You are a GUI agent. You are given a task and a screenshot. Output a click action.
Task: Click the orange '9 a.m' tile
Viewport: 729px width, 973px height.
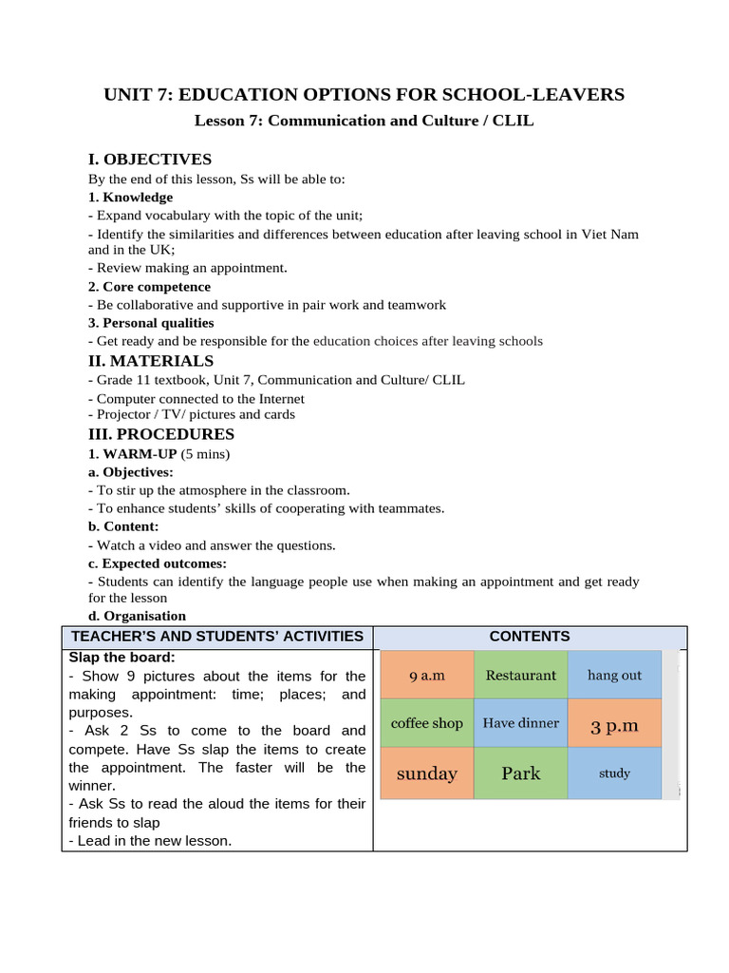(426, 675)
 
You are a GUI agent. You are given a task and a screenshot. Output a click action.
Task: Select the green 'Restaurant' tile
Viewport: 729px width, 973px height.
(520, 675)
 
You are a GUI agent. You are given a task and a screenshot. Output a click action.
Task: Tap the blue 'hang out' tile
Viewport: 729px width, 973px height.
(614, 675)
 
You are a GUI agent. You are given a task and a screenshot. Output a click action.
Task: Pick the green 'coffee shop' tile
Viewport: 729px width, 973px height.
(426, 723)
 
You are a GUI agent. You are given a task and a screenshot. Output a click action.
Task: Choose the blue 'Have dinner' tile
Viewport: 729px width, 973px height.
(520, 723)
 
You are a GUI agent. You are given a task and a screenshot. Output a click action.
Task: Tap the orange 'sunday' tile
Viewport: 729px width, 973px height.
(426, 773)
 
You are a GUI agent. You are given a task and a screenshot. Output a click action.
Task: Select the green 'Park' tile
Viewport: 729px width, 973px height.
(520, 773)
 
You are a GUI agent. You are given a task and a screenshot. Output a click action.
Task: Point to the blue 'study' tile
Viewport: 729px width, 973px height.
(614, 773)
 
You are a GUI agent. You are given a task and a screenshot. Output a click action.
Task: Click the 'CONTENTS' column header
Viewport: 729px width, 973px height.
(530, 637)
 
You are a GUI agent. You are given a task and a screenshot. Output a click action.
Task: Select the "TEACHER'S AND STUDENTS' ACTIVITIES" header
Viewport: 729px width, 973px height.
(216, 637)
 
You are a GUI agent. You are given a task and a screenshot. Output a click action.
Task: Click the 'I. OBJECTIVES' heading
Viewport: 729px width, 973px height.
(150, 159)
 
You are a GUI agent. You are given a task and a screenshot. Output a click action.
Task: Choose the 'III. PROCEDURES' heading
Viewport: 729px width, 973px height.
(161, 434)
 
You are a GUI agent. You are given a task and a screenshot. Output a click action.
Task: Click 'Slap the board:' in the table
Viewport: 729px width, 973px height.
(121, 658)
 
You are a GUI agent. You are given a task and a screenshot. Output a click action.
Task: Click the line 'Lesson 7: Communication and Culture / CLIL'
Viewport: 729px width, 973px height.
(364, 121)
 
